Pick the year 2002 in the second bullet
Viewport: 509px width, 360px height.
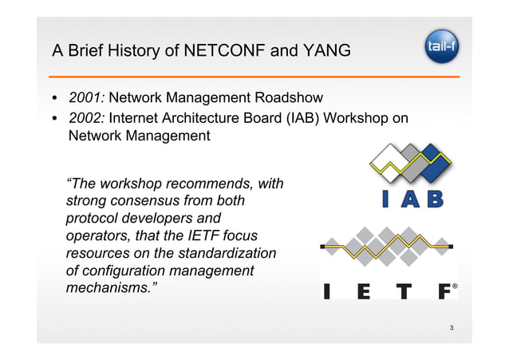point(86,118)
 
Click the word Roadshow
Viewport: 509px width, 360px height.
point(289,98)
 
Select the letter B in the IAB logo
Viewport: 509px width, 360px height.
point(434,199)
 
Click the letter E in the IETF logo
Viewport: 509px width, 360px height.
point(364,291)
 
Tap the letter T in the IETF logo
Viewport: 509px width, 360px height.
point(406,291)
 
